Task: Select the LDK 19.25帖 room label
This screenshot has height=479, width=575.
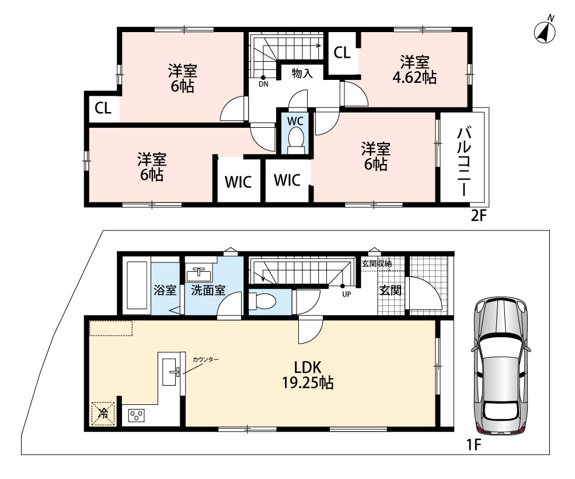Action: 308,375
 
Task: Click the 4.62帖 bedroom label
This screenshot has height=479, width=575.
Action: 414,70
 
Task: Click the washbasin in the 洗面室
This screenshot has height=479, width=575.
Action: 199,274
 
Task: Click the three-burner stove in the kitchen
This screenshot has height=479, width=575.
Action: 136,416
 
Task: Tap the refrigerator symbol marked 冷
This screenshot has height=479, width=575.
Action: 103,414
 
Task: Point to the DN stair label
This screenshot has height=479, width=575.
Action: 263,84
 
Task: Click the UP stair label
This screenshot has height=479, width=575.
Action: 347,294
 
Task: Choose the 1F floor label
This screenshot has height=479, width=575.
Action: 473,445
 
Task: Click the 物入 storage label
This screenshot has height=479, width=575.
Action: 302,74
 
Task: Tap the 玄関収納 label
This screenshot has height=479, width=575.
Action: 377,263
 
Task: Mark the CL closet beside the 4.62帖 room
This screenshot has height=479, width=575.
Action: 341,53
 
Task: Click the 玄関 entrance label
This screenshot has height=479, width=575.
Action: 390,290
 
